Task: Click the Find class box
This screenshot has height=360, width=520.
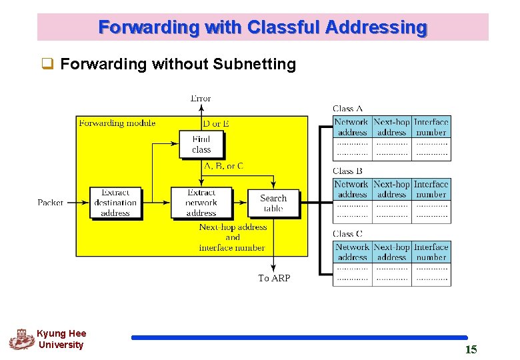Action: (x=201, y=145)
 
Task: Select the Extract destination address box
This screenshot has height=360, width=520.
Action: (x=115, y=203)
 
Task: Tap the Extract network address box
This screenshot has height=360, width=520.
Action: (x=201, y=203)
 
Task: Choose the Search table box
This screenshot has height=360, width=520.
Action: (x=273, y=203)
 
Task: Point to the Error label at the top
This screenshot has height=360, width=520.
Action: (x=201, y=99)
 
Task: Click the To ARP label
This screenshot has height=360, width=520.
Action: (x=274, y=278)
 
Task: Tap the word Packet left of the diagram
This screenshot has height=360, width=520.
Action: (x=51, y=203)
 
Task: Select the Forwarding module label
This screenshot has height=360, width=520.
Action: (x=117, y=123)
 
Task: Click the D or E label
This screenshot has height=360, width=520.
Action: (x=216, y=123)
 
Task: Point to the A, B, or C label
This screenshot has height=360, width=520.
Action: (x=223, y=166)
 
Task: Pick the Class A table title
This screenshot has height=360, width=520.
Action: (x=348, y=109)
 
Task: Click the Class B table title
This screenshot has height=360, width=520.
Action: (x=348, y=171)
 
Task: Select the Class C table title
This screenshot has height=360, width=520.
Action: (x=348, y=234)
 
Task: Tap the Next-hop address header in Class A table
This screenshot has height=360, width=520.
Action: (x=392, y=127)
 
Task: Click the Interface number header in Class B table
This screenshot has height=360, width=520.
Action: (x=431, y=189)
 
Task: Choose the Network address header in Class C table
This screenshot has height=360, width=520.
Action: (x=352, y=252)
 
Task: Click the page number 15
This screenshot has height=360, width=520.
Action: (x=471, y=349)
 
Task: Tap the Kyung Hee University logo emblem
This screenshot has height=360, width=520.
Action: (x=21, y=339)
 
